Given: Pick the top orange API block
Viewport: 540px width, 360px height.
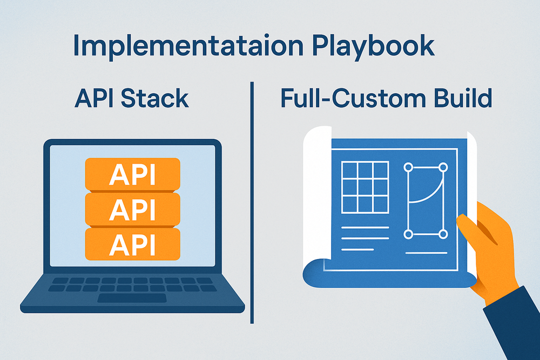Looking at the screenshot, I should click(132, 174).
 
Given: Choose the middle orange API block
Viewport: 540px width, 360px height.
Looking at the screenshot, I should click(132, 209).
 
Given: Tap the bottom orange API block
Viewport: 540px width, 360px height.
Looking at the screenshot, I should click(132, 244).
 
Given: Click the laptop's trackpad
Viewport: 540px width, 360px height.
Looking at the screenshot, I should click(132, 298).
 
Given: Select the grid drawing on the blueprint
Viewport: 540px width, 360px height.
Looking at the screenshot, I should click(365, 187).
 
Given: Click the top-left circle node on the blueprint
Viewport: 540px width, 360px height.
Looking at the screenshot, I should click(408, 167).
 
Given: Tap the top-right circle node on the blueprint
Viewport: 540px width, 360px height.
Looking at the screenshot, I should click(443, 167).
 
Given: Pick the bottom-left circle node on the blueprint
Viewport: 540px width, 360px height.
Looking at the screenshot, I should click(408, 234).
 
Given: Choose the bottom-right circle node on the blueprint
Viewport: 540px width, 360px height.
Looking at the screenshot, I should click(443, 234).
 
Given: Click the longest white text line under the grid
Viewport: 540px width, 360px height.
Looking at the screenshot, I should click(365, 227).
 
